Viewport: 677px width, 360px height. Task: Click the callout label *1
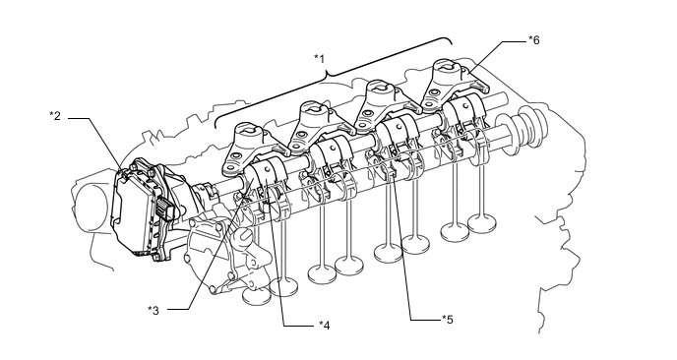319,58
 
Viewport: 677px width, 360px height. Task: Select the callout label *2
55,116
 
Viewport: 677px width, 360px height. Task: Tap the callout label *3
154,310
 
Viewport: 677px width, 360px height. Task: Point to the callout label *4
325,325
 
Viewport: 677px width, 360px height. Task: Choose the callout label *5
448,320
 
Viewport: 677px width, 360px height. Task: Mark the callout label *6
534,40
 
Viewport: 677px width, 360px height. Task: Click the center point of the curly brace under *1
328,75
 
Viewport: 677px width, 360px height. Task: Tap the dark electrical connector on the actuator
165,209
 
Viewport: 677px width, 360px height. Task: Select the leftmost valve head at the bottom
257,296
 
